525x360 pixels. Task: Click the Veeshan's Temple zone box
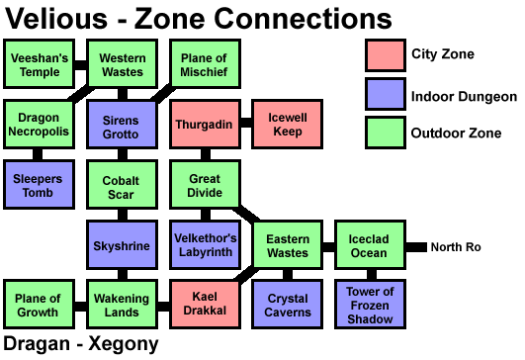[x=39, y=65]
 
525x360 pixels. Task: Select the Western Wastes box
[x=122, y=65]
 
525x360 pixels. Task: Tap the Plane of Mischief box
[x=205, y=65]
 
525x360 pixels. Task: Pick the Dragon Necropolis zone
[x=39, y=126]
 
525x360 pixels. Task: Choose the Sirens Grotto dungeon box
[x=122, y=126]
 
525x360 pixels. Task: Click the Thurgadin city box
[x=205, y=126]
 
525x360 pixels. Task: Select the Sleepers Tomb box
[x=39, y=184]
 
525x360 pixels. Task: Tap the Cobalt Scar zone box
[x=122, y=186]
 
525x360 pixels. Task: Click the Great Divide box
[x=205, y=186]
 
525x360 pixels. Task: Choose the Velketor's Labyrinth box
[x=205, y=245]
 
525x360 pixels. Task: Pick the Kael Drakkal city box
[x=205, y=305]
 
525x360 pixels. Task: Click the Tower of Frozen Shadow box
[x=371, y=305]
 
